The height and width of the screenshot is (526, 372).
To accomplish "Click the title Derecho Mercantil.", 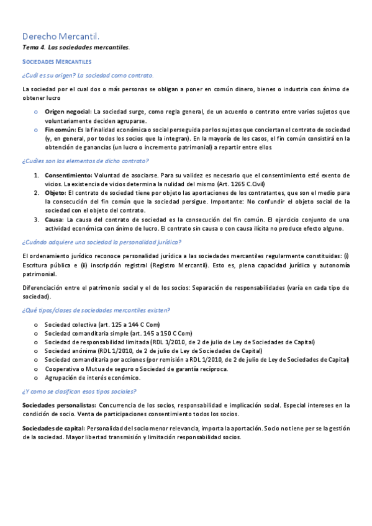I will point(60,37).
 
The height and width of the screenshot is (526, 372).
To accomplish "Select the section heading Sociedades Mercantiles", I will point(57,62).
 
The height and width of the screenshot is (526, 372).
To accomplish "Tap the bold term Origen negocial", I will point(67,111).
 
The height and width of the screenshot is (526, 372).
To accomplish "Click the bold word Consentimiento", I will point(69,176).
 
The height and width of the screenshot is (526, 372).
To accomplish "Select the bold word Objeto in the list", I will point(55,193).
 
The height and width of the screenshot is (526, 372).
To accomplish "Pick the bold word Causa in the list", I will point(54,220).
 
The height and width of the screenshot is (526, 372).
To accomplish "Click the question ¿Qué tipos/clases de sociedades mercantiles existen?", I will point(96,310).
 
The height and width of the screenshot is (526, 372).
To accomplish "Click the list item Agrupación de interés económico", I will point(92,377).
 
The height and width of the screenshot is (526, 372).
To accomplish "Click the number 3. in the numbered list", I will point(37,220).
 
